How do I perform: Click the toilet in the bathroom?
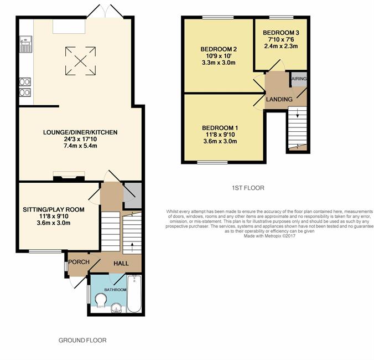pyautogui.click(x=101, y=300)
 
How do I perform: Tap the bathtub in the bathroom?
pyautogui.click(x=134, y=294)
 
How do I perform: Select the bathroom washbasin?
pyautogui.click(x=117, y=307)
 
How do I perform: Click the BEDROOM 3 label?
pyautogui.click(x=281, y=33)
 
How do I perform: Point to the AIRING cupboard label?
pyautogui.click(x=299, y=79)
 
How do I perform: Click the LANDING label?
pyautogui.click(x=279, y=99)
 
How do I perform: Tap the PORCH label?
pyautogui.click(x=79, y=262)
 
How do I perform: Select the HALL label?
pyautogui.click(x=121, y=264)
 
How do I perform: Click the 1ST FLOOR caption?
pyautogui.click(x=248, y=188)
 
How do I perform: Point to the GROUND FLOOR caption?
pyautogui.click(x=82, y=340)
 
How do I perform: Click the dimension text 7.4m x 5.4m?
pyautogui.click(x=80, y=146)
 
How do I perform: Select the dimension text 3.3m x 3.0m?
pyautogui.click(x=219, y=63)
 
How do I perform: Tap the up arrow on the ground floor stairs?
pyautogui.click(x=132, y=247)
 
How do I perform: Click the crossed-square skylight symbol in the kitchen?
pyautogui.click(x=81, y=60)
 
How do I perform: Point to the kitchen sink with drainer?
pyautogui.click(x=26, y=44)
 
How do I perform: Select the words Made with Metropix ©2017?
pyautogui.click(x=269, y=236)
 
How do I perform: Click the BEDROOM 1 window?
pyautogui.click(x=212, y=163)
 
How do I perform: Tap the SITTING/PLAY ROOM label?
pyautogui.click(x=54, y=209)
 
